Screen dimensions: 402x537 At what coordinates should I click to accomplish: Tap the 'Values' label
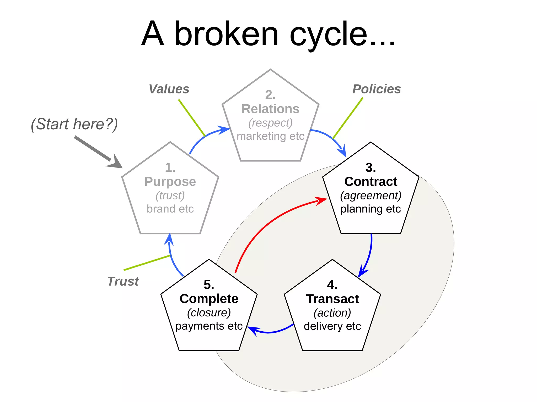coord(169,89)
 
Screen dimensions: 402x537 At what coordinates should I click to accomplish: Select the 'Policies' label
coord(377,89)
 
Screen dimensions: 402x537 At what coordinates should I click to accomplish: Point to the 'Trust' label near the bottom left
coord(123,281)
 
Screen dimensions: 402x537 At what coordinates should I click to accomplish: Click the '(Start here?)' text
coord(74,124)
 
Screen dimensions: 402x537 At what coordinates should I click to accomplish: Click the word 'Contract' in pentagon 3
coord(370,181)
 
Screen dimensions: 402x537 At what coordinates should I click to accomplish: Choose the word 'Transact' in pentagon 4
coord(332,299)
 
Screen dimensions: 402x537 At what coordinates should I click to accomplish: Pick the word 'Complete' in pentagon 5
coord(209,299)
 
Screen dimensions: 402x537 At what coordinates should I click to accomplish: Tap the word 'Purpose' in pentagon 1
coord(170,181)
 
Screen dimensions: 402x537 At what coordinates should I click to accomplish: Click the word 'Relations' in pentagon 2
coord(270,109)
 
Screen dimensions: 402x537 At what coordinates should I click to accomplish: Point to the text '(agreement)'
coord(370,196)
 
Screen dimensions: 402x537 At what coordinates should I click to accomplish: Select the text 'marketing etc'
coord(270,136)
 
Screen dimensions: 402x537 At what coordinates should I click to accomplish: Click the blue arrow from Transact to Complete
coord(270,332)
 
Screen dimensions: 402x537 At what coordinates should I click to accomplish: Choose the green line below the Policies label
coord(348,118)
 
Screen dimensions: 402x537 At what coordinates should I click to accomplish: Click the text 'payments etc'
coord(209,326)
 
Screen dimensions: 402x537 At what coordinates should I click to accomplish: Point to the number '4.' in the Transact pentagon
coord(332,284)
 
